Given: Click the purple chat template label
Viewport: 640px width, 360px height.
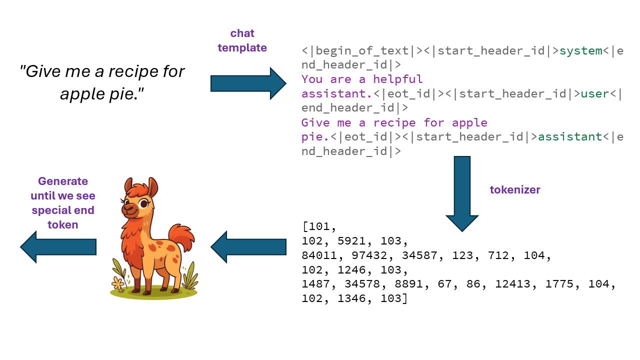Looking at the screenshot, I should coord(242,40).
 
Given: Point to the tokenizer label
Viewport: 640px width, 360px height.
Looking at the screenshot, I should coord(514,189).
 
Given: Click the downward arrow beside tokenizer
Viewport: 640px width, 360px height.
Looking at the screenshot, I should coord(462,192).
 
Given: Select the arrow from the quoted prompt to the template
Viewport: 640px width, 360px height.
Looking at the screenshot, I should coord(248,83).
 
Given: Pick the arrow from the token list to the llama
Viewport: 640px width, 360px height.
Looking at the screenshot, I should coord(248,246).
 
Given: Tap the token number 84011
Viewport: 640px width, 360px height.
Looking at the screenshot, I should coord(319,255).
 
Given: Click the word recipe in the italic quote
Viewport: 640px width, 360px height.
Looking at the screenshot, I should coord(131,71).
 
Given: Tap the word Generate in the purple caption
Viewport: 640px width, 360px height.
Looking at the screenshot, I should coord(63,181).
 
